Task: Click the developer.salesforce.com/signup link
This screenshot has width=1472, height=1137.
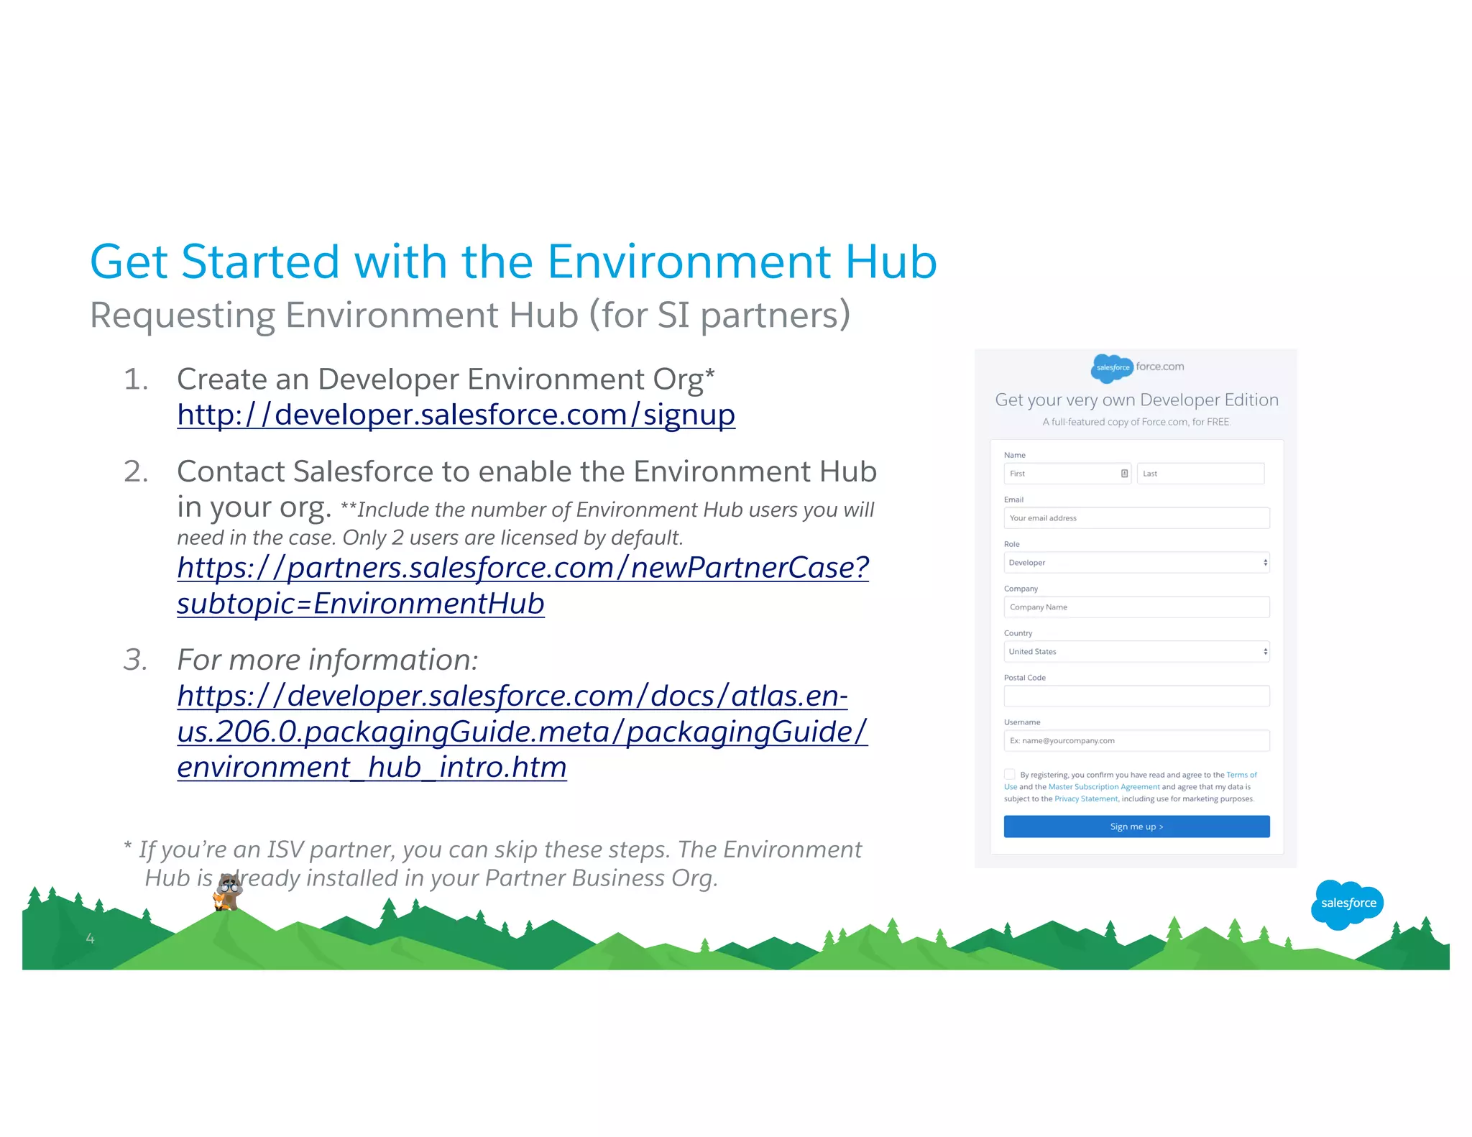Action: pyautogui.click(x=456, y=415)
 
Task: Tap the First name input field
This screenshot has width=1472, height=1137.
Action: pyautogui.click(x=1062, y=474)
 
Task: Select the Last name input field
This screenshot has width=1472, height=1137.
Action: pyautogui.click(x=1200, y=474)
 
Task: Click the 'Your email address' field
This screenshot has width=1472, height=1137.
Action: pyautogui.click(x=1136, y=518)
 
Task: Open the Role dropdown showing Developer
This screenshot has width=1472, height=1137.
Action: pyautogui.click(x=1136, y=563)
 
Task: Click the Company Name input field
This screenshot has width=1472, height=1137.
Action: pyautogui.click(x=1136, y=607)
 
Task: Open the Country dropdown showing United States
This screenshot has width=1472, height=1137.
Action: pyautogui.click(x=1136, y=652)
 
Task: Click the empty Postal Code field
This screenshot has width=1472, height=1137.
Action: pyautogui.click(x=1136, y=696)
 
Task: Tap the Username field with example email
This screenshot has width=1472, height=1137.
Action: pyautogui.click(x=1136, y=741)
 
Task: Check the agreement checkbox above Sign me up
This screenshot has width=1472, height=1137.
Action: pyautogui.click(x=1010, y=774)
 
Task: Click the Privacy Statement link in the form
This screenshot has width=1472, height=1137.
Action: pyautogui.click(x=1086, y=799)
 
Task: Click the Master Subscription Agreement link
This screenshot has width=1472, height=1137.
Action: pyautogui.click(x=1103, y=787)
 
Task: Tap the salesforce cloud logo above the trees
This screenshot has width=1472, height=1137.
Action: pyautogui.click(x=1348, y=903)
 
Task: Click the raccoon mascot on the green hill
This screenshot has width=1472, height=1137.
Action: pyautogui.click(x=229, y=893)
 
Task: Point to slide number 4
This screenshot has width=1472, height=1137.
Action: pyautogui.click(x=90, y=938)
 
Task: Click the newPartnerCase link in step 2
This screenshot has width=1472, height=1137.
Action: pyautogui.click(x=523, y=568)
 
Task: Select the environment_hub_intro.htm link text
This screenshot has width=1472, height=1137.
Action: pyautogui.click(x=372, y=768)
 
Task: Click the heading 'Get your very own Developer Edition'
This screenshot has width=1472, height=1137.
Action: pyautogui.click(x=1136, y=400)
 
